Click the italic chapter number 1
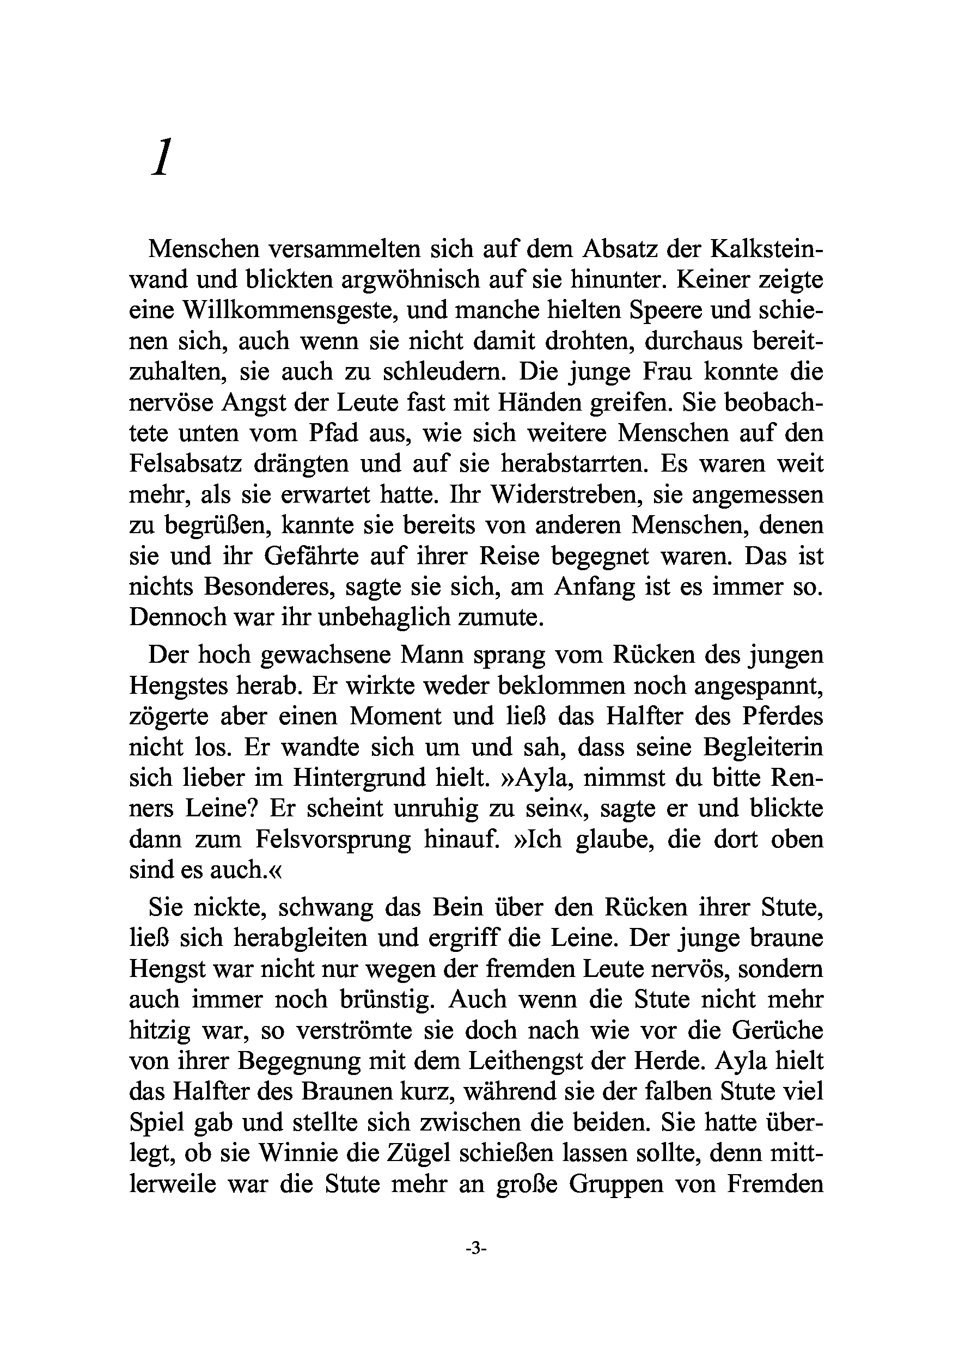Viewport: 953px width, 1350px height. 161,157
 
